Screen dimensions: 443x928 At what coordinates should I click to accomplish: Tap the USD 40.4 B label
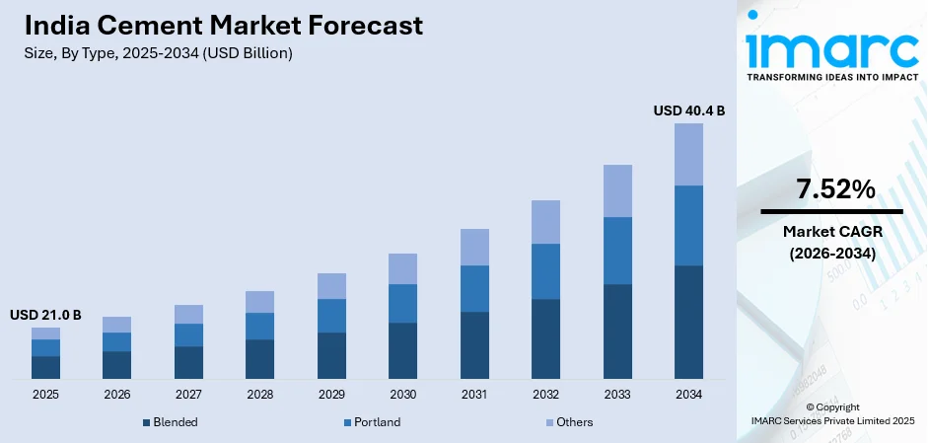(x=688, y=111)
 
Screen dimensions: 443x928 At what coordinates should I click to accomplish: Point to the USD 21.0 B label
(x=45, y=315)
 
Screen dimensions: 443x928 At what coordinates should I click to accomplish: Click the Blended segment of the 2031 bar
(x=474, y=344)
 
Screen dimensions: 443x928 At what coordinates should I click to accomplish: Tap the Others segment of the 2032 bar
(x=545, y=222)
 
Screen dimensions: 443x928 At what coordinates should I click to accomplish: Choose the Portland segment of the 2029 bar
(x=331, y=316)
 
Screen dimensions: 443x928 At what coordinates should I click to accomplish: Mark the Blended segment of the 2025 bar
(x=45, y=367)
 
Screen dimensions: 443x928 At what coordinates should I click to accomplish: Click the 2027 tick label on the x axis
(x=188, y=395)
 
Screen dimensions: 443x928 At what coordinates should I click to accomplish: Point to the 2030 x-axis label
(x=402, y=395)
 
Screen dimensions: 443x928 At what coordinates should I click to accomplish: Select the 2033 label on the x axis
(x=617, y=395)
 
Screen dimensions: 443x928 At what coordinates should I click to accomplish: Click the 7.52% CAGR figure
(x=830, y=190)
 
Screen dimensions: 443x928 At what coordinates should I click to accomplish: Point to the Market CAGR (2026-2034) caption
(x=830, y=242)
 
